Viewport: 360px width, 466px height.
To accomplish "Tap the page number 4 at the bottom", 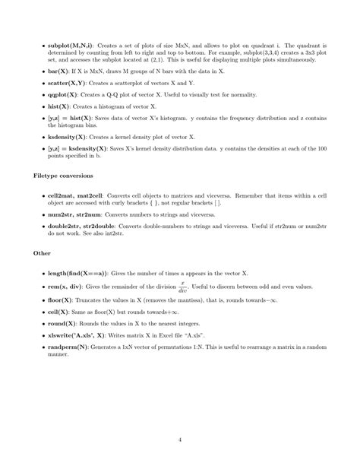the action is click(x=180, y=439).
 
